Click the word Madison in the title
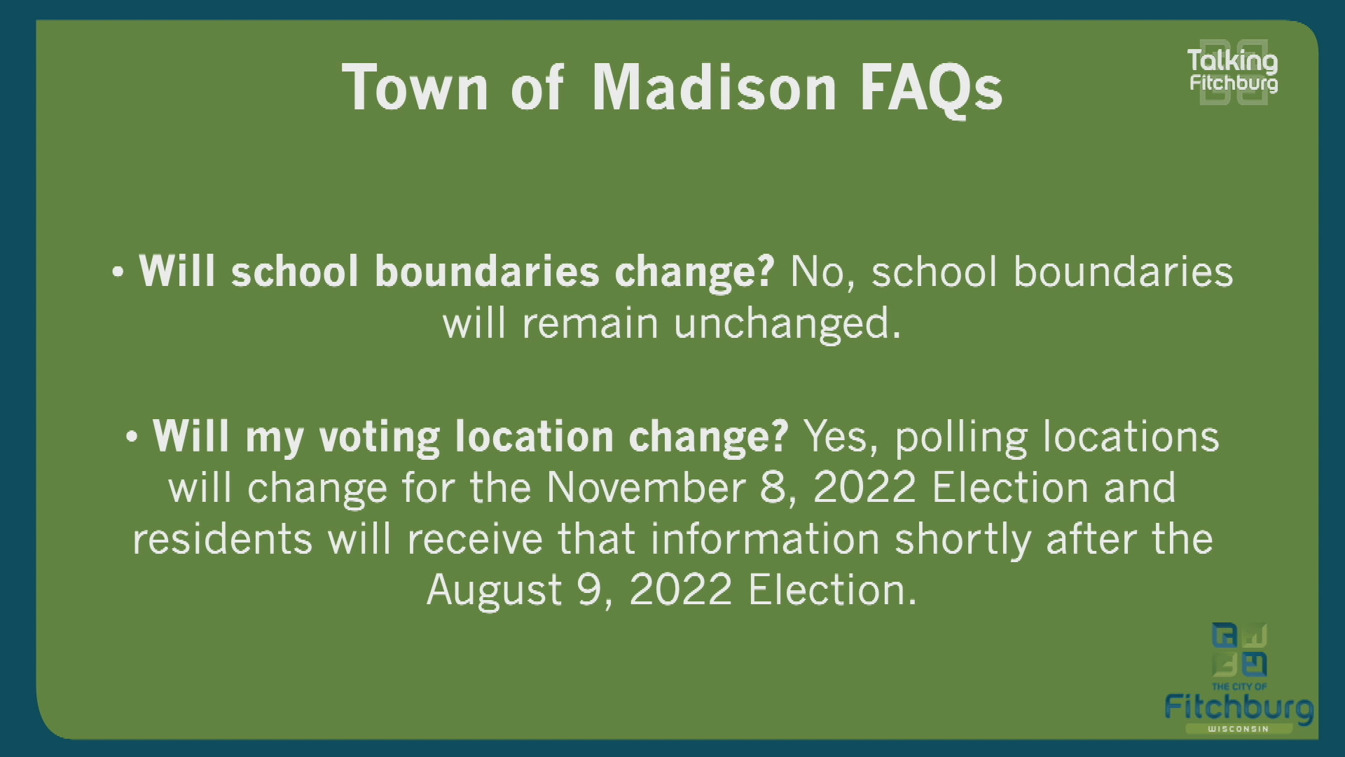tap(714, 88)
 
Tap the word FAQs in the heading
tap(931, 88)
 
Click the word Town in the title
tap(415, 88)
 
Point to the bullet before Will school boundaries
tap(118, 273)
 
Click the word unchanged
tap(787, 324)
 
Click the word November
tap(645, 487)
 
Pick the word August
tap(494, 589)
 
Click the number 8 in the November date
tap(775, 487)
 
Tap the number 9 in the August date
tap(591, 589)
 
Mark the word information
tap(764, 539)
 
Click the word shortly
tap(963, 539)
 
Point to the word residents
tap(222, 539)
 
